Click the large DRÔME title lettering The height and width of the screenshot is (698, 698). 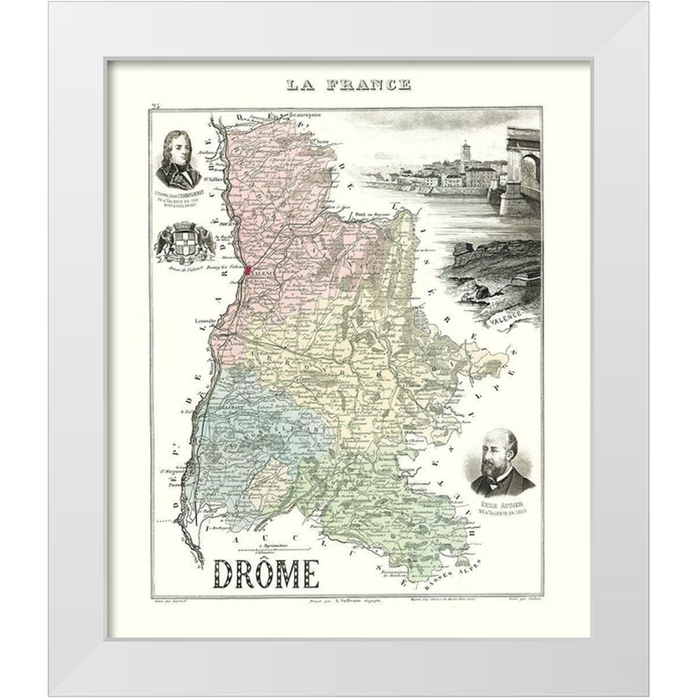click(265, 574)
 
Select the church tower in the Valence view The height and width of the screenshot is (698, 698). click(466, 151)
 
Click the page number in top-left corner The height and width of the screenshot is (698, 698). click(155, 106)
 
